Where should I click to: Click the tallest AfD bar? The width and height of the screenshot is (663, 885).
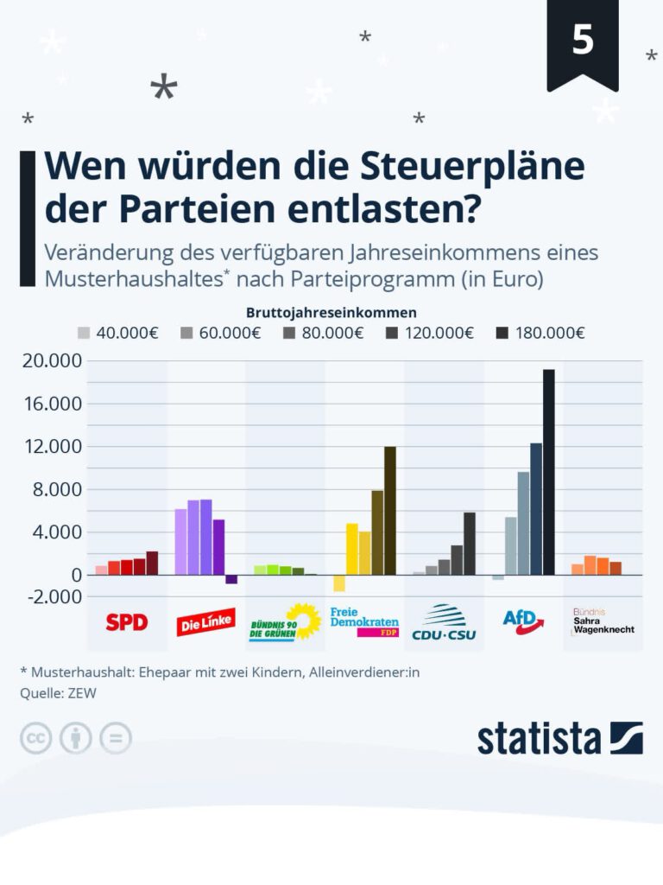pyautogui.click(x=548, y=472)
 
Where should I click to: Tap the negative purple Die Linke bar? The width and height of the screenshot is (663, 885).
pyautogui.click(x=231, y=579)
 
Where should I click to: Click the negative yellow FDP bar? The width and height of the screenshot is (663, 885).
pyautogui.click(x=339, y=583)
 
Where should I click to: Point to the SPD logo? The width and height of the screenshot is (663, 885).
pyautogui.click(x=127, y=621)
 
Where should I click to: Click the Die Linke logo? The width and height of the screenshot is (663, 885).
pyautogui.click(x=205, y=621)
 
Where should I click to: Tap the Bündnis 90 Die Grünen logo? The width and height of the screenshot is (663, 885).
pyautogui.click(x=284, y=622)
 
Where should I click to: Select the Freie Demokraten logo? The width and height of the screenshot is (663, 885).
pyautogui.click(x=363, y=621)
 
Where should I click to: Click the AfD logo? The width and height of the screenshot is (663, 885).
pyautogui.click(x=524, y=621)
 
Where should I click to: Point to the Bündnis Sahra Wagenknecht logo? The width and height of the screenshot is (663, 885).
pyautogui.click(x=603, y=621)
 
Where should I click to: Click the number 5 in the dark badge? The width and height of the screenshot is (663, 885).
pyautogui.click(x=583, y=41)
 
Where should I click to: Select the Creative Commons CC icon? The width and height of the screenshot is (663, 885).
pyautogui.click(x=36, y=738)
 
